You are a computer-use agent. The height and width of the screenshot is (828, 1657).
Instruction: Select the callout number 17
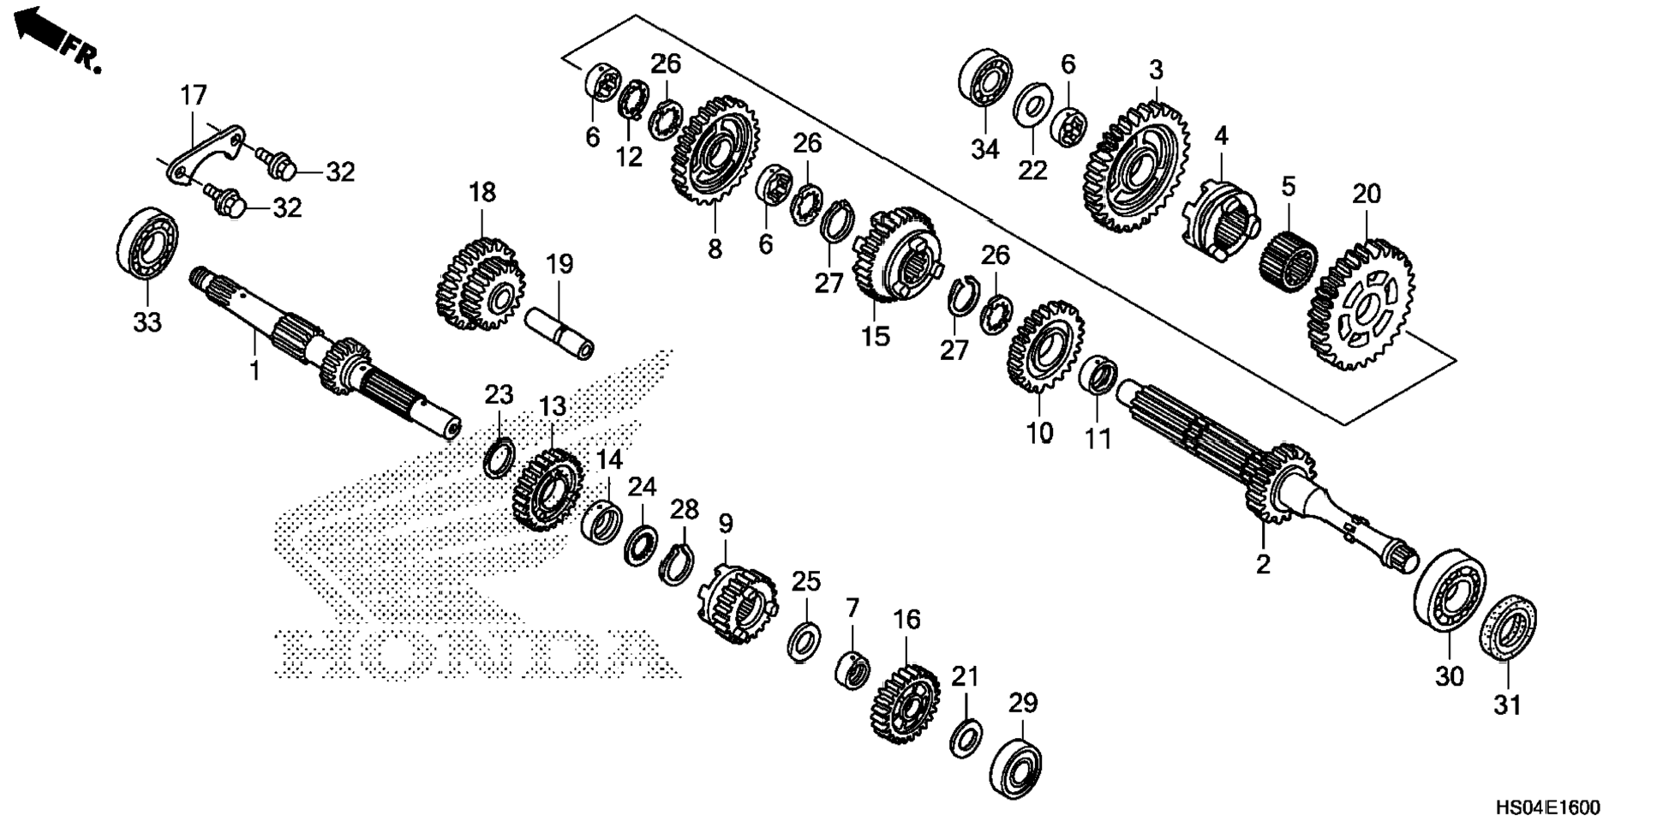tap(194, 95)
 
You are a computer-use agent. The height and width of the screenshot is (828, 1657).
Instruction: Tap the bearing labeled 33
tap(147, 243)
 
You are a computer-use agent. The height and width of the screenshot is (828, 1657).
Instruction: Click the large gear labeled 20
tap(1361, 305)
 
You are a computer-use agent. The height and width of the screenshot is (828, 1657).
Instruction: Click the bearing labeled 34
tap(984, 79)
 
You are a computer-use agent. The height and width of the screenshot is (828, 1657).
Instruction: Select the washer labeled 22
tap(1033, 107)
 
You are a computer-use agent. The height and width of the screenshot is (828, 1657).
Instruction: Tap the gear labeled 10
tap(1044, 346)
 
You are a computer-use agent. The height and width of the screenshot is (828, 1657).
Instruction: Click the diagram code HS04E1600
tap(1547, 807)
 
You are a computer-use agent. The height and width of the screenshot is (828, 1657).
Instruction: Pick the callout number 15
tap(876, 336)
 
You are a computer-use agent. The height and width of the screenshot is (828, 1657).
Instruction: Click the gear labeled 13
tap(547, 490)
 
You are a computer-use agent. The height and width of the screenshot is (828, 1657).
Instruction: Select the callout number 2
tap(1263, 565)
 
